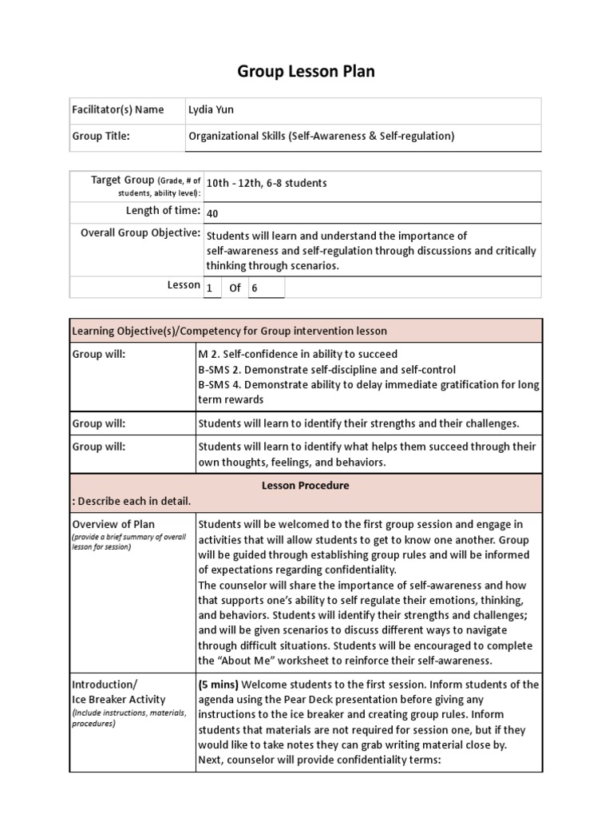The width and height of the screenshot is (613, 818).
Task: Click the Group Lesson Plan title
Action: point(306,72)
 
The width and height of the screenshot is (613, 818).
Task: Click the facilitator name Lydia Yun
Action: point(212,110)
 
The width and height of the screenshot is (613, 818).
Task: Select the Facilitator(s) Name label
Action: point(117,110)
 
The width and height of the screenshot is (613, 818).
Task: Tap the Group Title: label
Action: point(101,136)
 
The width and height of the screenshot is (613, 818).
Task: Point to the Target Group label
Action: point(121,181)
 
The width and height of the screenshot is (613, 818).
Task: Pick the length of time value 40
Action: point(212,213)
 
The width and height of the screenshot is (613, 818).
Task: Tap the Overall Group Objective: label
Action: point(140,233)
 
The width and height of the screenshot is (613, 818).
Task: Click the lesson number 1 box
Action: point(210,288)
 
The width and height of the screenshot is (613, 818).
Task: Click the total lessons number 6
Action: point(255,288)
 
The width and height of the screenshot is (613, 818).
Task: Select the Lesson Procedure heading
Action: point(306,485)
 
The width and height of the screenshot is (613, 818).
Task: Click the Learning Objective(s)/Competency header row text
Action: point(230,331)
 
